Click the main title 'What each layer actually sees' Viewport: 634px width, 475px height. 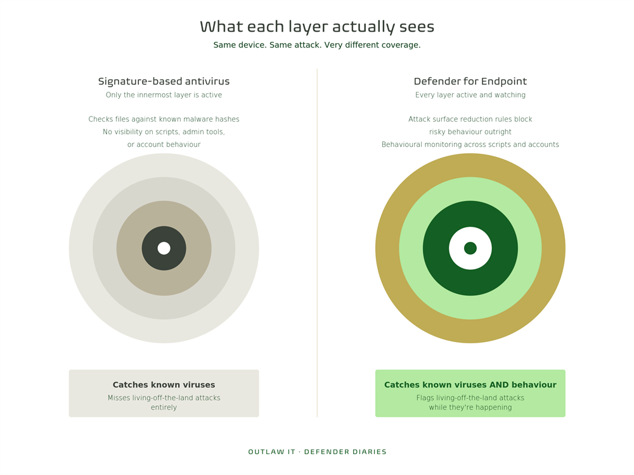(317, 27)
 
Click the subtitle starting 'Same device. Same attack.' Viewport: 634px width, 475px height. (317, 45)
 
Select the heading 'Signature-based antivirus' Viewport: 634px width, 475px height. (164, 81)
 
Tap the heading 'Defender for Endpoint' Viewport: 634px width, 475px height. (470, 81)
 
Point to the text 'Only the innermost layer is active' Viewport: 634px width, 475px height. (164, 95)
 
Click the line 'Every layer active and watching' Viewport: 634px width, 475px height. (470, 95)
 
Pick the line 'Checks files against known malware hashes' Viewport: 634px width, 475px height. (164, 119)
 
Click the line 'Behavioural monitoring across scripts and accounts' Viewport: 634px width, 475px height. (470, 144)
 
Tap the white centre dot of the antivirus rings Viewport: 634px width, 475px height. (164, 248)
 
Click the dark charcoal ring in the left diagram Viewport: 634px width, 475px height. (150, 248)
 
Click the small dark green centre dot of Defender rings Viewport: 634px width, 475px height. (470, 248)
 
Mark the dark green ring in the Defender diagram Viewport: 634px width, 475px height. (436, 248)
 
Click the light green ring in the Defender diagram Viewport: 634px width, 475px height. (411, 248)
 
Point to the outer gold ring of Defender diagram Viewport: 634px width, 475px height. (387, 248)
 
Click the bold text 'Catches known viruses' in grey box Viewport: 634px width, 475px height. (164, 385)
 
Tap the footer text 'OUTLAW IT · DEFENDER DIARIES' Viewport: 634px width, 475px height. (317, 452)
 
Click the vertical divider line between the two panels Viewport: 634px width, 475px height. (317, 243)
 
